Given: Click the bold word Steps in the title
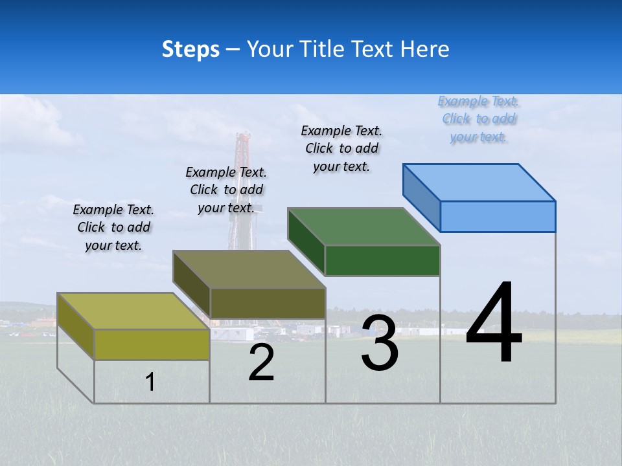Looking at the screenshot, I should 190,49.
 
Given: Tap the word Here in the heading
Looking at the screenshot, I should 425,49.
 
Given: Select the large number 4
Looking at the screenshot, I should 494,324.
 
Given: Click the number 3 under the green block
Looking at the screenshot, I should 380,343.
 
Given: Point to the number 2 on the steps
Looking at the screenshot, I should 261,362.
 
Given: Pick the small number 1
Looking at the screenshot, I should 150,382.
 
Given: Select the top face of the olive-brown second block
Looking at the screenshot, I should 249,269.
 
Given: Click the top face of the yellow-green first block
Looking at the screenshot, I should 133,311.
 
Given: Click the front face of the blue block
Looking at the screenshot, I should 498,216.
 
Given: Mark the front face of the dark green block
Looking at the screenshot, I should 382,260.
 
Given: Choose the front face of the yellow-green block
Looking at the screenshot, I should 152,344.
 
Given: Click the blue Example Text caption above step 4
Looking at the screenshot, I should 478,119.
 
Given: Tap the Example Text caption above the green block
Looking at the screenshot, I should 341,148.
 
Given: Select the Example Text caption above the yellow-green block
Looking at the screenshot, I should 113,227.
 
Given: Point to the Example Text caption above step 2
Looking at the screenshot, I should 226,190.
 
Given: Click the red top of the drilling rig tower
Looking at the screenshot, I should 243,139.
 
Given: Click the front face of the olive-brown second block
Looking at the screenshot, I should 267,303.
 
